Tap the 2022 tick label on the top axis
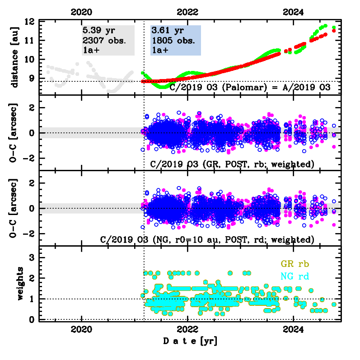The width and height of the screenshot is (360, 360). point(187,12)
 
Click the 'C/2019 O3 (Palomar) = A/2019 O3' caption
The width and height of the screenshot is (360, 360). point(250,87)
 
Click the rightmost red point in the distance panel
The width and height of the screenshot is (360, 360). point(334,31)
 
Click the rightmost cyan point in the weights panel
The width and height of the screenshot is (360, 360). point(334,304)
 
